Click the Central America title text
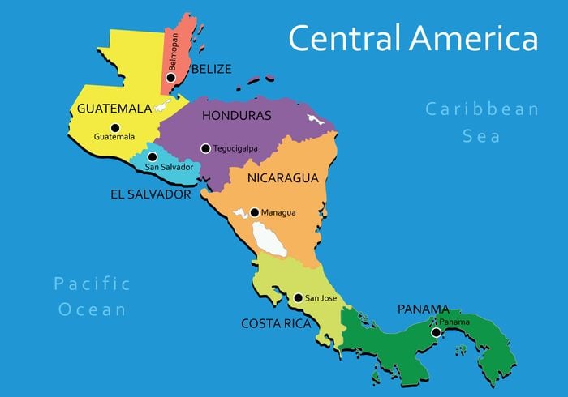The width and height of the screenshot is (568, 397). [x=413, y=38]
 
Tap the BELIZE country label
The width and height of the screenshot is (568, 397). [x=211, y=69]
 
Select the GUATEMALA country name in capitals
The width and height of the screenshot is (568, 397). [x=114, y=108]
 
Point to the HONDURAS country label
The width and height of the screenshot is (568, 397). [x=236, y=116]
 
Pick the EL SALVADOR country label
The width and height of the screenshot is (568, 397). [x=151, y=194]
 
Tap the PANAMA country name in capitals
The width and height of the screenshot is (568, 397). [x=424, y=309]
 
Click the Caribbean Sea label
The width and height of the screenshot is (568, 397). [x=482, y=122]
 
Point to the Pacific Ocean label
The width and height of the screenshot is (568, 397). [x=91, y=296]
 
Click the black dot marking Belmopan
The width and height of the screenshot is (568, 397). [x=171, y=78]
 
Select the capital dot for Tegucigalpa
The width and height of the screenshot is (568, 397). [x=205, y=148]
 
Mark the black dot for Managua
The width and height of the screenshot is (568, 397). [x=254, y=212]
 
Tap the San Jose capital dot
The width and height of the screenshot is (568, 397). [x=298, y=298]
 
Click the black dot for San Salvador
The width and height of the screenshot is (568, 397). [x=153, y=156]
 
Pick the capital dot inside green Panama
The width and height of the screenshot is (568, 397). [x=436, y=332]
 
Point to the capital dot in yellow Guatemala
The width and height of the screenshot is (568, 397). [x=114, y=127]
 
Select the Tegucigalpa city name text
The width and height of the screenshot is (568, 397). [x=235, y=149]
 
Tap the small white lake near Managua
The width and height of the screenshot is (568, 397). [x=240, y=215]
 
